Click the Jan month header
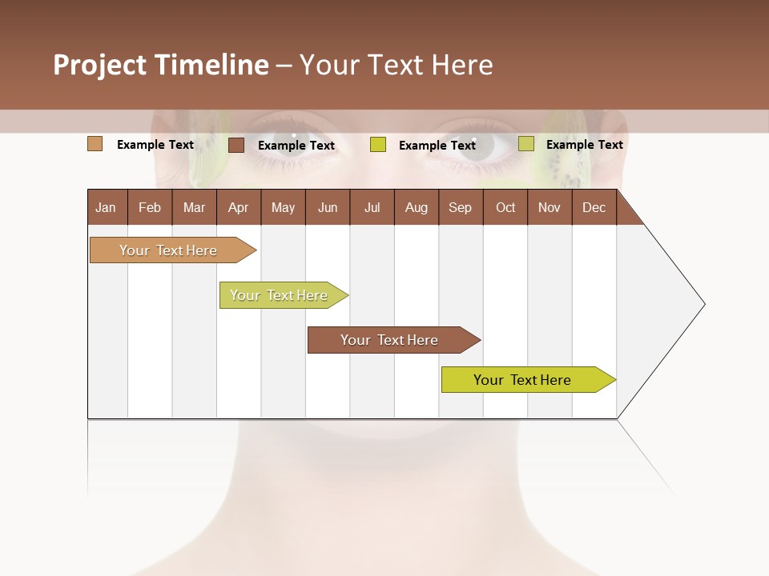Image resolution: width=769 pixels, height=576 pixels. [x=106, y=207]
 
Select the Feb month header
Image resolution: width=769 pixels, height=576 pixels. [x=150, y=207]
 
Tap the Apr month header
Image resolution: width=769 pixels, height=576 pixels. [x=238, y=207]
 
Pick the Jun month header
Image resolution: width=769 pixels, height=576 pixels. [x=328, y=207]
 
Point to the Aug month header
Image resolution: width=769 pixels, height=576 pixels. [x=416, y=207]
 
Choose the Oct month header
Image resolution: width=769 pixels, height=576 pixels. [x=505, y=207]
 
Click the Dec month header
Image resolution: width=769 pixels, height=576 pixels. [x=594, y=207]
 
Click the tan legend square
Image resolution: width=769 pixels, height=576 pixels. [x=95, y=144]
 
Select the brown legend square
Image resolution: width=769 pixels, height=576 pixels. [x=236, y=145]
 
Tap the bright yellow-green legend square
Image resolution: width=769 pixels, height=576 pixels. [x=378, y=145]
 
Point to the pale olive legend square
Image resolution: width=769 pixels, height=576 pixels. [x=525, y=144]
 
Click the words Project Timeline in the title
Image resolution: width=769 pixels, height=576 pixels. [x=160, y=65]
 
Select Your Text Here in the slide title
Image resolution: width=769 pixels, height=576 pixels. [x=396, y=65]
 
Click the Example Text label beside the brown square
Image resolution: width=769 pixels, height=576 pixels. [x=296, y=146]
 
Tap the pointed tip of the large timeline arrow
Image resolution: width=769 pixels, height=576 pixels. [x=703, y=304]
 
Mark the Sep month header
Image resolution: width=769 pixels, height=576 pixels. [x=460, y=207]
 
